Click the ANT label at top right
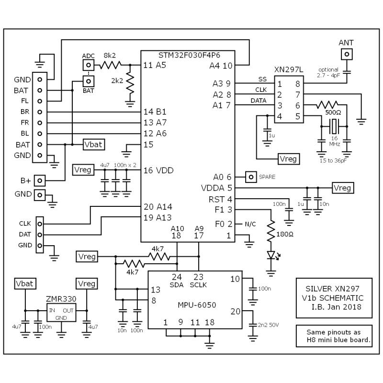[346, 43]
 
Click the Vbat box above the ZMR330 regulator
[24, 283]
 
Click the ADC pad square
[88, 65]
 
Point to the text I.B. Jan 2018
[333, 307]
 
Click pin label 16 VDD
[158, 170]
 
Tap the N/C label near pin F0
[250, 224]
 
